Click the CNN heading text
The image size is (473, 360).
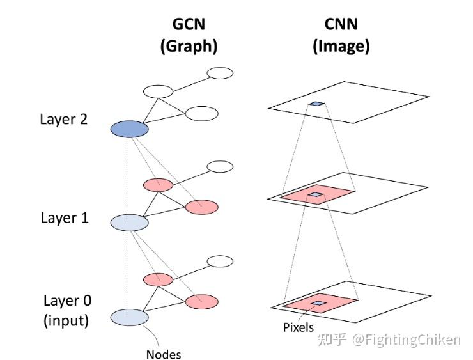[x=341, y=24]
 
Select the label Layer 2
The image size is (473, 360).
[x=64, y=119]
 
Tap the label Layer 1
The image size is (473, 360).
[x=65, y=217]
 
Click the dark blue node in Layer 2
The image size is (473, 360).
[x=130, y=129]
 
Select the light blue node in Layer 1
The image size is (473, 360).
[x=130, y=222]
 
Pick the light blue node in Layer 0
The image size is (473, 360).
[x=130, y=317]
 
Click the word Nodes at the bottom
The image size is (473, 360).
[x=164, y=354]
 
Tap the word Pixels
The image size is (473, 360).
[x=299, y=327]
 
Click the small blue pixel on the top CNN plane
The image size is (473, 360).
[x=316, y=104]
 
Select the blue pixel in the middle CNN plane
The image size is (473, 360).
[x=315, y=194]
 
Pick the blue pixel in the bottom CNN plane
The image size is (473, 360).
[x=318, y=303]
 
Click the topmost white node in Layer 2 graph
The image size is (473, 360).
[x=220, y=72]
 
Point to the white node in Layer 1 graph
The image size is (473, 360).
[x=220, y=166]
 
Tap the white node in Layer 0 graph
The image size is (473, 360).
[x=220, y=261]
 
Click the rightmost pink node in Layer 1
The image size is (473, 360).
[x=201, y=207]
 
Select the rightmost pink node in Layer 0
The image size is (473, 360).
[x=201, y=301]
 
